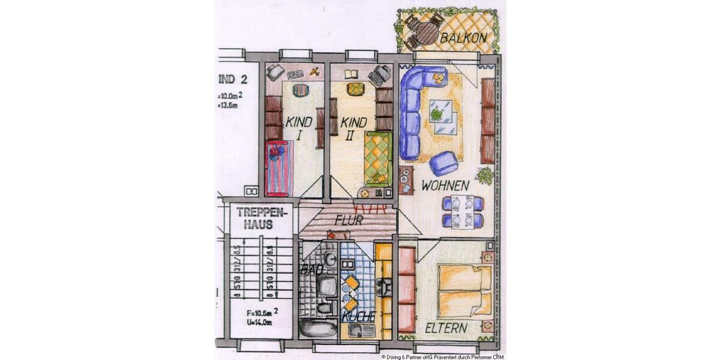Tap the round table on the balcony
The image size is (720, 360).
click(426, 33)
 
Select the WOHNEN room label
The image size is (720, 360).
click(445, 186)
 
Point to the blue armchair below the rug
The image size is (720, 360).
click(443, 163)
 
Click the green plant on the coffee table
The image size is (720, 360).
click(437, 113)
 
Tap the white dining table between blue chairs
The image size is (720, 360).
click(462, 212)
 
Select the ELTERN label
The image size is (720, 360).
click(446, 328)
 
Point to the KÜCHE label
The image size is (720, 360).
click(358, 316)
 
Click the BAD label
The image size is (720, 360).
click(311, 269)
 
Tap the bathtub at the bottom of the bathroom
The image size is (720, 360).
click(318, 328)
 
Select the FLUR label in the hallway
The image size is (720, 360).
click(349, 220)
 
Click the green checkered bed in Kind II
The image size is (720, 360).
click(378, 158)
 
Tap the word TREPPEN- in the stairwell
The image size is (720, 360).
click(262, 212)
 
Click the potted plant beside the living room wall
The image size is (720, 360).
click(484, 176)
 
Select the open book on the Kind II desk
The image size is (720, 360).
click(351, 74)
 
